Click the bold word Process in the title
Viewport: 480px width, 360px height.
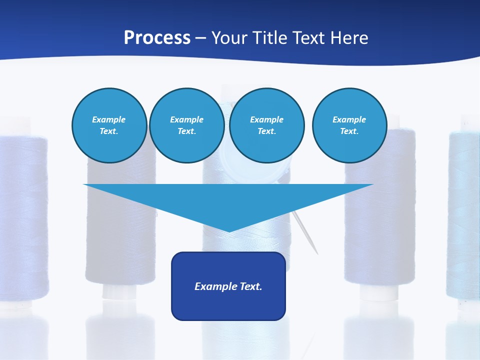pyautogui.click(x=157, y=38)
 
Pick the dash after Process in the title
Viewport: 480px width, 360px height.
pyautogui.click(x=201, y=38)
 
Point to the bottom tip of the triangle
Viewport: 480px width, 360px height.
pyautogui.click(x=228, y=230)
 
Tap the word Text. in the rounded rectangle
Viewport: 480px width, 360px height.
pyautogui.click(x=249, y=286)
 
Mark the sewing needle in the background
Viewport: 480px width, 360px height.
pyautogui.click(x=306, y=233)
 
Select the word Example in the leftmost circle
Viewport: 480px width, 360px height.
pyautogui.click(x=109, y=119)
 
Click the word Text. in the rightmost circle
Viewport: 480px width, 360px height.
pyautogui.click(x=349, y=131)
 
